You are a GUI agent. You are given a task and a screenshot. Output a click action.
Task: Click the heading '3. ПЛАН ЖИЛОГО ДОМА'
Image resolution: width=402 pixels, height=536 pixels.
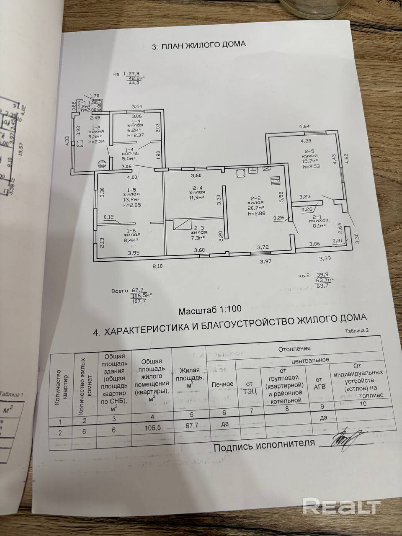point(198,45)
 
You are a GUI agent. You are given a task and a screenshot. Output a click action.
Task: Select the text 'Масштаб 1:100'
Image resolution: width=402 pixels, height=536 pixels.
point(210,310)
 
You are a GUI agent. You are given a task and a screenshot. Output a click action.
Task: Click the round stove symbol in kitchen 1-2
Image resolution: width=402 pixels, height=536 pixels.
point(100,164)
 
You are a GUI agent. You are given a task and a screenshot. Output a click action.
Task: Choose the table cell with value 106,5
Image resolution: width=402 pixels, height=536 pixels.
point(152,430)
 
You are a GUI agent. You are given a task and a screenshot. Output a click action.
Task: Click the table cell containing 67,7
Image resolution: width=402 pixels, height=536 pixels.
point(189,429)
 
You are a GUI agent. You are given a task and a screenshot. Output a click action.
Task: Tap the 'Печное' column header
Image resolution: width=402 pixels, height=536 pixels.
point(222,384)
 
